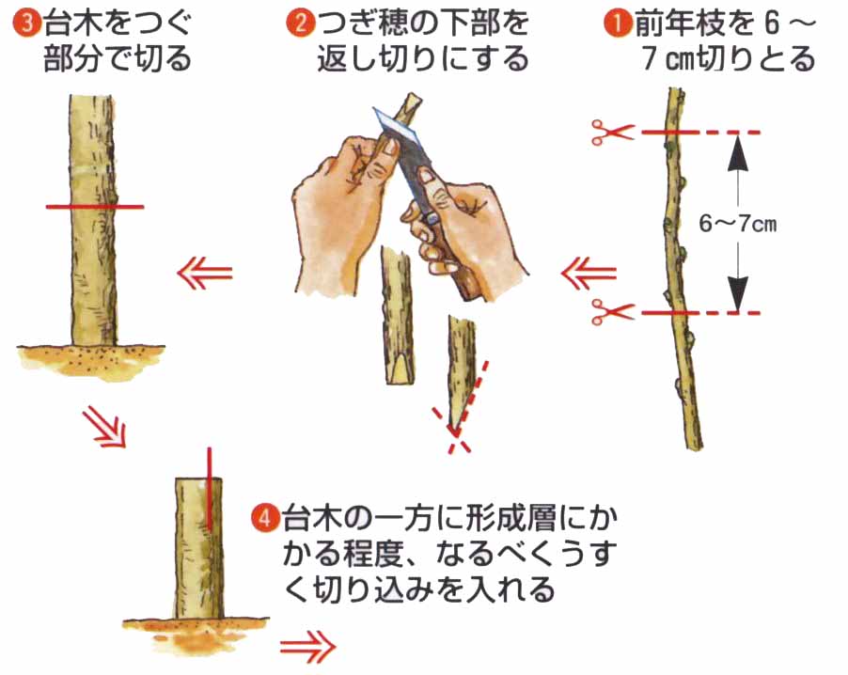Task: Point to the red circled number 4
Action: [x=265, y=518]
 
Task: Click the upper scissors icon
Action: [x=612, y=132]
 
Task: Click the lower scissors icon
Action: [x=612, y=311]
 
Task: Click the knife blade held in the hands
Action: [x=400, y=135]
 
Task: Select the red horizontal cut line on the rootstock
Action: [x=95, y=207]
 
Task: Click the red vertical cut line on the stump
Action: [x=210, y=489]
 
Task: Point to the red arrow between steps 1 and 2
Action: [x=589, y=274]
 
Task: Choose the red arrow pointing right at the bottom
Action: [x=308, y=647]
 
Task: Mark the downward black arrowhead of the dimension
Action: [x=738, y=292]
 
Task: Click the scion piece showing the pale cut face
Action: [x=399, y=316]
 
